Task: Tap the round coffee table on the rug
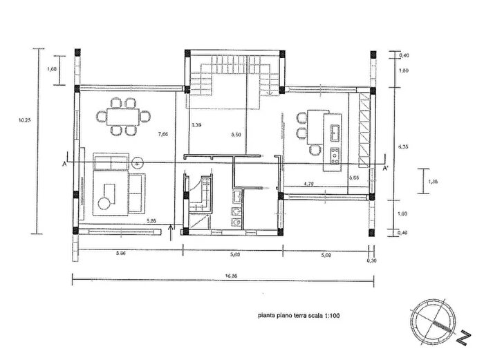[x=104, y=203]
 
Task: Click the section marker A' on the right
[x=386, y=167]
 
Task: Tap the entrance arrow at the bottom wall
[x=171, y=229]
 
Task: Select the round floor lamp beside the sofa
[x=138, y=162]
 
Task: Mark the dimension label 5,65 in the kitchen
[x=355, y=178]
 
